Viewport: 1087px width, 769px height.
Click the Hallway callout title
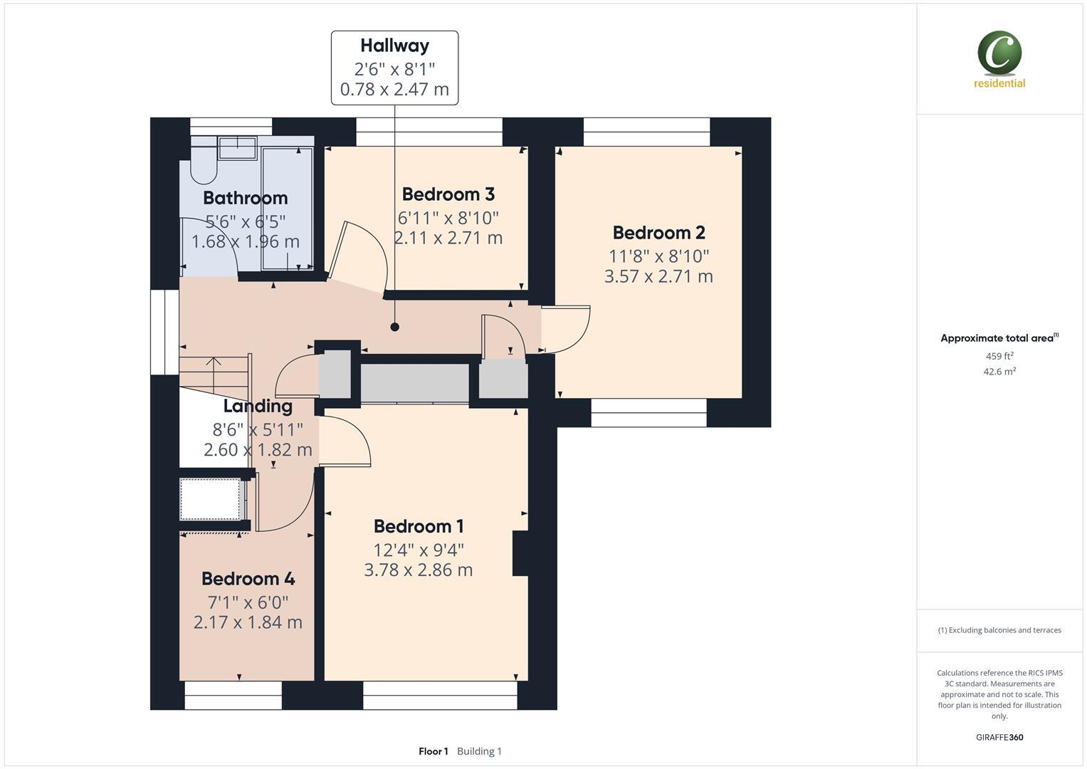pos(394,46)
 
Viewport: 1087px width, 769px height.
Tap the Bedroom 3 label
pos(448,194)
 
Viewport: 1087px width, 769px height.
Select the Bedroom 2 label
pos(658,232)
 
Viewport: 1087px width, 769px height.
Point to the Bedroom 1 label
pos(419,526)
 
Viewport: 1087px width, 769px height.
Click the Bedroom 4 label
pos(248,579)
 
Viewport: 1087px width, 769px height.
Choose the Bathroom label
pos(245,198)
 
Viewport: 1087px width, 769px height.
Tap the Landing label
pos(258,406)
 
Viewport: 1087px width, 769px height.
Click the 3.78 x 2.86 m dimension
pos(419,570)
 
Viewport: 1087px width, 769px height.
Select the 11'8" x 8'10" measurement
pos(658,256)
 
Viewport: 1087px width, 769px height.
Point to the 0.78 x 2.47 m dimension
pos(394,89)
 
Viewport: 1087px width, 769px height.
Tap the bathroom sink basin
pos(237,148)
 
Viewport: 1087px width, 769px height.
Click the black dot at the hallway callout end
pos(394,327)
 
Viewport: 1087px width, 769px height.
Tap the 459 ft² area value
pos(999,356)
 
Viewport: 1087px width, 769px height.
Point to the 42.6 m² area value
pos(999,371)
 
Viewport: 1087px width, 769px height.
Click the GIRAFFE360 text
pos(999,737)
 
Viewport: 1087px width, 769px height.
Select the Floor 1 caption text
pos(433,751)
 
